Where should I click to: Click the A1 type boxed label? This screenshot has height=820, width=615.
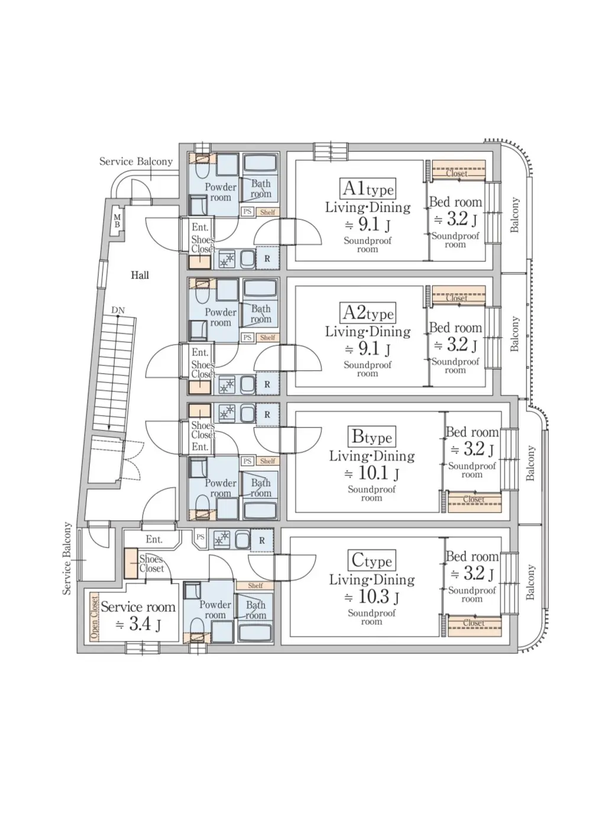point(368,189)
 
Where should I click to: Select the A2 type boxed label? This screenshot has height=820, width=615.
point(368,313)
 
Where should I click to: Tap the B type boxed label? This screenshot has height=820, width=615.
point(372,436)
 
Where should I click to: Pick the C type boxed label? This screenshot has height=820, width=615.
point(372,560)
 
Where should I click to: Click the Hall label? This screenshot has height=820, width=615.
point(140,276)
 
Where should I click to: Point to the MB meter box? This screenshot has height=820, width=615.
point(117,221)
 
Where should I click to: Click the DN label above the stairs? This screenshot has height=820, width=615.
point(118,310)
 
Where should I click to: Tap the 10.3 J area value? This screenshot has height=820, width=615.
point(371,597)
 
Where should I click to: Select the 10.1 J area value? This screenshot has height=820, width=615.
point(371,474)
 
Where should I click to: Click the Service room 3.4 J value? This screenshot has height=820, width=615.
point(138,624)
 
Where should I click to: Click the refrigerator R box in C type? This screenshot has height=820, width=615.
point(262,540)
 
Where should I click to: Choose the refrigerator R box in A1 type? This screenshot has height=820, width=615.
point(267,258)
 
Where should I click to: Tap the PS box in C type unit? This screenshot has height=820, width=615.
point(200,537)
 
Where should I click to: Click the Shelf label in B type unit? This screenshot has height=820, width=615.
point(267,461)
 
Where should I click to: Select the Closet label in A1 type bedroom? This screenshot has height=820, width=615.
point(457,173)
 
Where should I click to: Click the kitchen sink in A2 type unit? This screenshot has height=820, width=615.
point(247,384)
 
